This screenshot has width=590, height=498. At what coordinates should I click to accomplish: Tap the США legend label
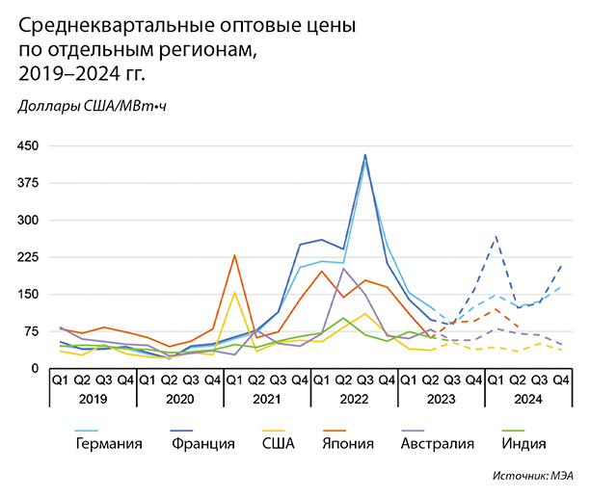click(282, 443)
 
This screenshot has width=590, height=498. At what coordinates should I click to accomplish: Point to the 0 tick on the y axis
click(35, 368)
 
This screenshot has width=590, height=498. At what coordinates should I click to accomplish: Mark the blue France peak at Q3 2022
click(365, 155)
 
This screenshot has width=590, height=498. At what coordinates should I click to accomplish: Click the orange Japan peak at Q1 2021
click(234, 255)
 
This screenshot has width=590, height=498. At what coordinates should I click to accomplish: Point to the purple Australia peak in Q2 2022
click(343, 269)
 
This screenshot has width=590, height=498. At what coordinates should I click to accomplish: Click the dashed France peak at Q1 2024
click(496, 236)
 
